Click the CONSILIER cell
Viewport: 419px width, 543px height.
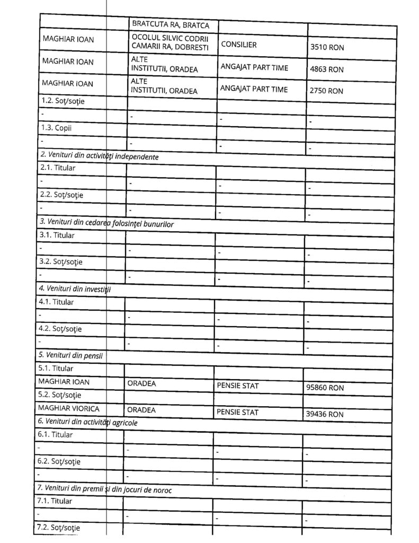(239, 45)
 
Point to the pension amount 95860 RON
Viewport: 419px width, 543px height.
(325, 388)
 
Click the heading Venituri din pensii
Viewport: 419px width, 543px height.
(70, 355)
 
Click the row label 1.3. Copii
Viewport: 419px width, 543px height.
(56, 128)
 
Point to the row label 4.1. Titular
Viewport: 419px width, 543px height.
(56, 302)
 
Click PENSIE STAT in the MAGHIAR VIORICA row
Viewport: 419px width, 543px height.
(237, 411)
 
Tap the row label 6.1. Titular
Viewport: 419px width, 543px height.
(55, 435)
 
